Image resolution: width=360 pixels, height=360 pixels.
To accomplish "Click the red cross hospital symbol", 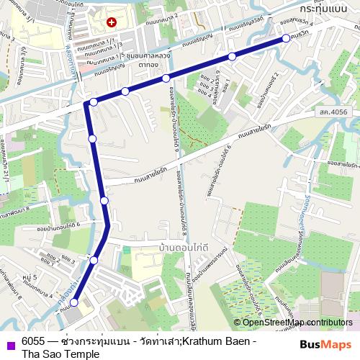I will [x=111, y=23].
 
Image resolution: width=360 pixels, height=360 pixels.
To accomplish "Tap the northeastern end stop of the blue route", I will [x=286, y=38].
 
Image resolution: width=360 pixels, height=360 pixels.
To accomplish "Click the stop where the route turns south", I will [x=93, y=102].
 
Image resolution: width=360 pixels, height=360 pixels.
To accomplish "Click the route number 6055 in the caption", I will [x=35, y=341].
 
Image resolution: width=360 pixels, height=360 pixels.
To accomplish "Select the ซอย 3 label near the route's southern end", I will [x=68, y=258].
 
